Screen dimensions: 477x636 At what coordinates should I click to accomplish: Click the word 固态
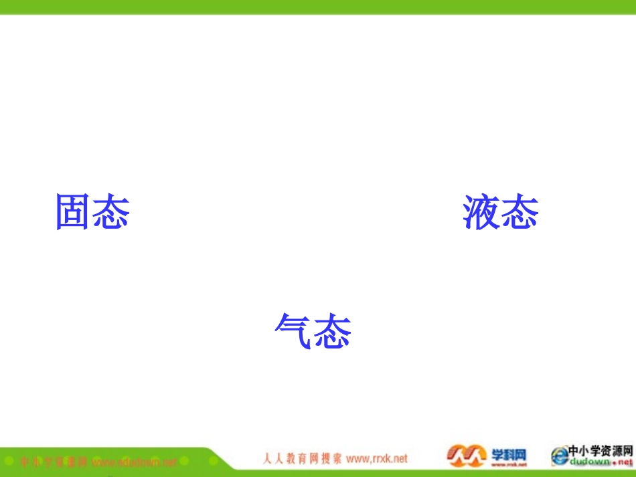[x=92, y=213]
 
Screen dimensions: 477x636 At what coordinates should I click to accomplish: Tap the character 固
[x=74, y=213]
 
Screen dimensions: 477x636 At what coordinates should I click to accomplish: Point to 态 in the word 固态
[x=111, y=213]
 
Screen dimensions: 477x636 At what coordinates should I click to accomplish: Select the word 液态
[x=500, y=213]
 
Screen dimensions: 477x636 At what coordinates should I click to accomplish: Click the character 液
[x=481, y=213]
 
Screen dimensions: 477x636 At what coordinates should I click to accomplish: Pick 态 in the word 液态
[x=520, y=213]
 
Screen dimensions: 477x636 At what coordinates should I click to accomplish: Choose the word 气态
[x=313, y=330]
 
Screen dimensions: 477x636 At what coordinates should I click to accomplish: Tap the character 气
[x=294, y=330]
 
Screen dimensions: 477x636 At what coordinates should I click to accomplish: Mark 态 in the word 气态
[x=333, y=330]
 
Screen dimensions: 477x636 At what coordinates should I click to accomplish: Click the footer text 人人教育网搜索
[x=301, y=459]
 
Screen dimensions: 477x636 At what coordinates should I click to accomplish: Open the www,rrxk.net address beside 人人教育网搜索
[x=377, y=459]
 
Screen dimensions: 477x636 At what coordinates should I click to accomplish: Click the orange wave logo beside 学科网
[x=466, y=456]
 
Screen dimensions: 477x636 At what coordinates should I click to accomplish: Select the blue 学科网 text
[x=510, y=453]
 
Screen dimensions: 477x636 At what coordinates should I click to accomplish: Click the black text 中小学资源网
[x=601, y=451]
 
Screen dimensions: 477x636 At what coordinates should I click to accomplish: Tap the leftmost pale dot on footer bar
[x=9, y=462]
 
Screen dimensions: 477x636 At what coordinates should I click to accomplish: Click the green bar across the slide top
[x=318, y=7]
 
